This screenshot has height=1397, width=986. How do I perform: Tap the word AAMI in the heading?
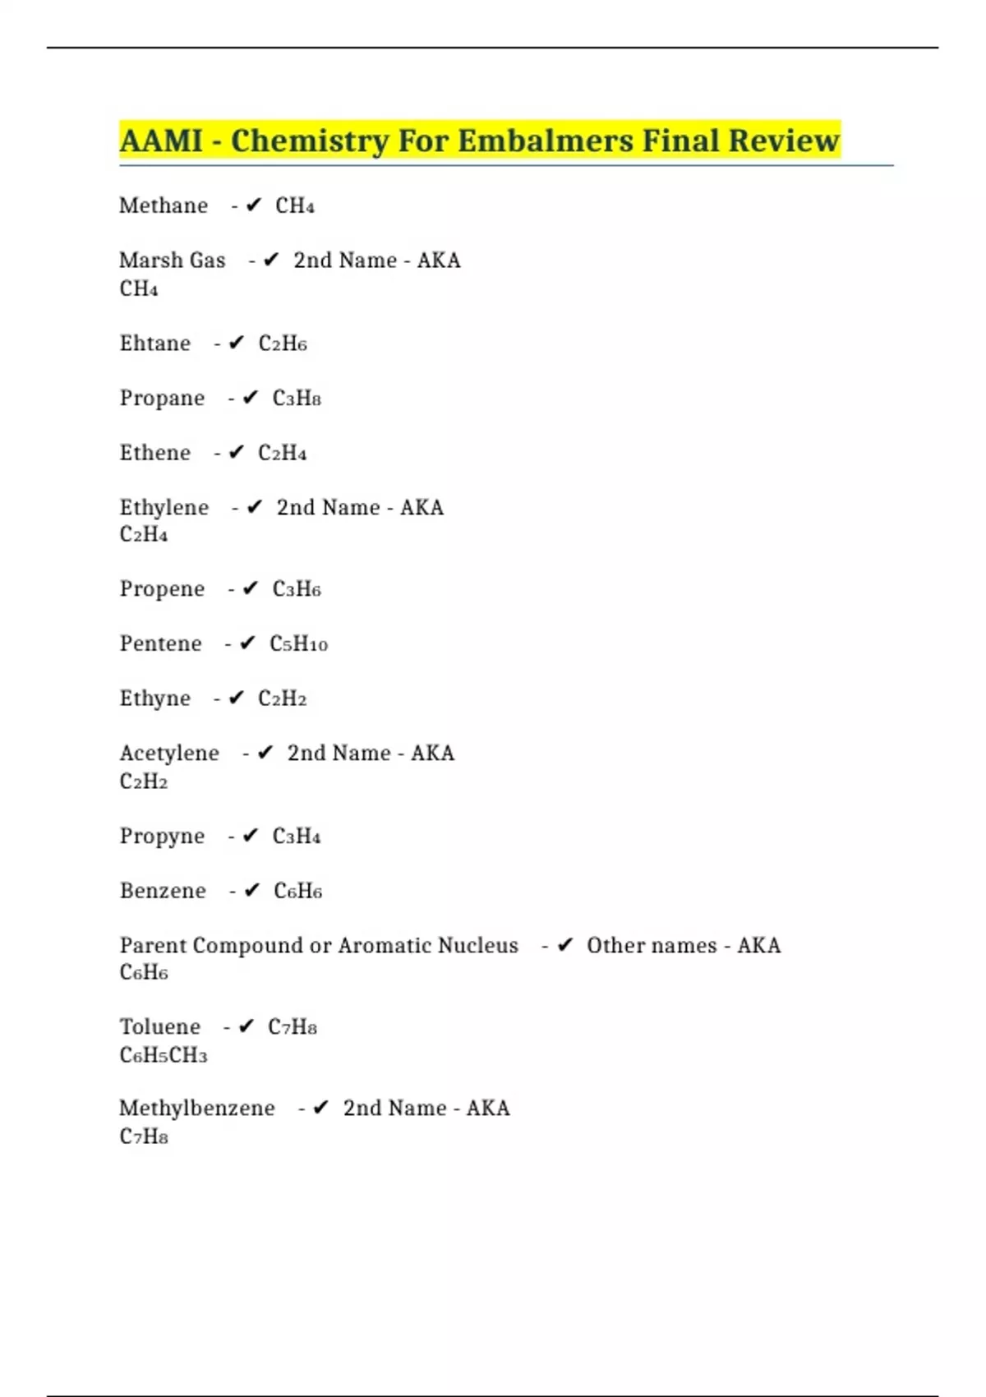161,141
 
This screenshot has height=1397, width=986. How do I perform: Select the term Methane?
164,205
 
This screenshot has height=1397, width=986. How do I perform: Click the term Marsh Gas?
172,260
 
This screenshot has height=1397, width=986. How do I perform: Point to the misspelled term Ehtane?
154,343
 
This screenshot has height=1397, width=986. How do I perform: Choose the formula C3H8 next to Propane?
297,399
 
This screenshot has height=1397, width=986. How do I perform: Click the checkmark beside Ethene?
237,453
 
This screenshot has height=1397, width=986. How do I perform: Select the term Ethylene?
164,507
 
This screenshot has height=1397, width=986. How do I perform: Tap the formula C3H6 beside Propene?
297,589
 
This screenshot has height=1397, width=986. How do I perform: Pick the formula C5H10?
298,644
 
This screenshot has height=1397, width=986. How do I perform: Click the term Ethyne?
154,698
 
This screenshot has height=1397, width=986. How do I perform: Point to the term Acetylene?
169,754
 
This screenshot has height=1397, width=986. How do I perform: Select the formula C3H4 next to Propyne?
297,837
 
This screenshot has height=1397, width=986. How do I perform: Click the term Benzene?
163,891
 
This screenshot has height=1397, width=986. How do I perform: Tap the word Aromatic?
382,946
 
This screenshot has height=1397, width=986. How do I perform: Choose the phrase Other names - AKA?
683,946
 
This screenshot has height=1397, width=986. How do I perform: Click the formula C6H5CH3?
164,1055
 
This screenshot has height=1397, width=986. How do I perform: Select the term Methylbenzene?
197,1109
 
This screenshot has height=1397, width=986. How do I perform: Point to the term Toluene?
160,1027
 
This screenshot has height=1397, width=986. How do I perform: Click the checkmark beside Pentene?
247,644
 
